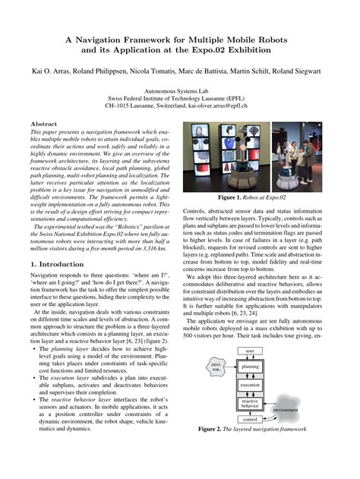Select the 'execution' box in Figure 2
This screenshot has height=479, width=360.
pos(251,386)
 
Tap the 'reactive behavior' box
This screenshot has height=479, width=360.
pos(251,402)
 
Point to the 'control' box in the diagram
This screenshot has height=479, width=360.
pos(251,419)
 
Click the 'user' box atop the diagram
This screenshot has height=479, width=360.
pos(251,351)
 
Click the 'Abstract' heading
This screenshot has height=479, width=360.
pos(43,123)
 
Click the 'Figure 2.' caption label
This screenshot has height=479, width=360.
pos(214,429)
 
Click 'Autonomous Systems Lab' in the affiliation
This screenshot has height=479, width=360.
pos(180,90)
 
